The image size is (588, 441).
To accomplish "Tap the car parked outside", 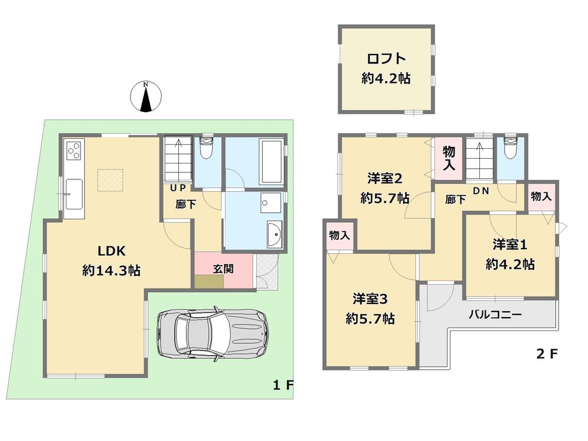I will point(212,333).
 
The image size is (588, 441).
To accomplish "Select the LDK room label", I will point(111,251).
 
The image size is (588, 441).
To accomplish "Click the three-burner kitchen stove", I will point(75,151).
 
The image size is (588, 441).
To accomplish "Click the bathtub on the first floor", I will point(270,162).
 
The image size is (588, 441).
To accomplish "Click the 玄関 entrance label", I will point(222,269).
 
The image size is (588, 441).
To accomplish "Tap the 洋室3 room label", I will point(369,299).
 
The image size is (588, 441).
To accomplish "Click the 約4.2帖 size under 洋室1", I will point(510,265).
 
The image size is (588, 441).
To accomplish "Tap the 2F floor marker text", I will point(545,354).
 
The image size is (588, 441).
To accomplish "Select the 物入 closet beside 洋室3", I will point(339,235).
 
